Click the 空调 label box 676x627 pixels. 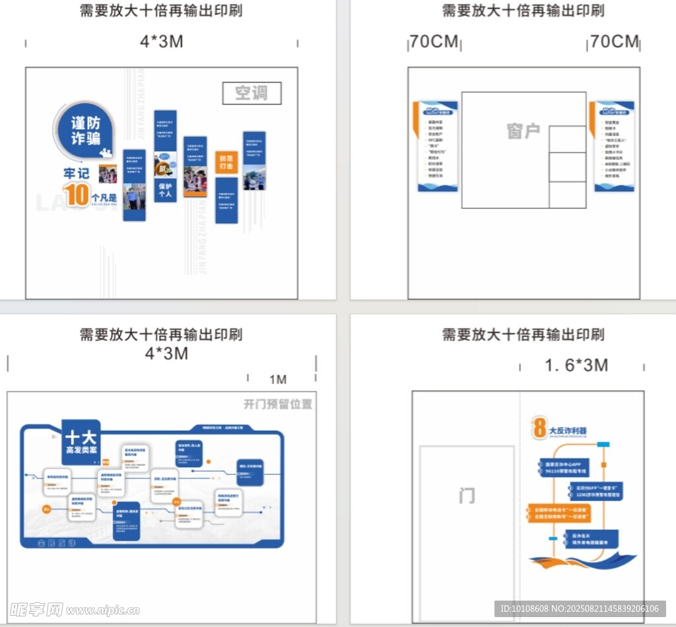click(252, 93)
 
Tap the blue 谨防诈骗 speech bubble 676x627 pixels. click(85, 130)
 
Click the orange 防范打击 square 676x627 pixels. click(226, 163)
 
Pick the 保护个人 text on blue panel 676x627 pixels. click(165, 190)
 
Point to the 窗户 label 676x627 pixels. click(524, 131)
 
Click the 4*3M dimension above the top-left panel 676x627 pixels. click(161, 41)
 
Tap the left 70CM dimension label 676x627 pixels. click(433, 42)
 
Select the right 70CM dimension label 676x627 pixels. click(615, 42)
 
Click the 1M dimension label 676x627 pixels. click(278, 379)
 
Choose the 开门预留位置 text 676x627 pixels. click(277, 404)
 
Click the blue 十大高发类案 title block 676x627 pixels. click(81, 441)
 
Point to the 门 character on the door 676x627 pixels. click(467, 495)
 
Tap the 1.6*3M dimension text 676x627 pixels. click(576, 365)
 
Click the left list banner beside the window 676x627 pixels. click(437, 147)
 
